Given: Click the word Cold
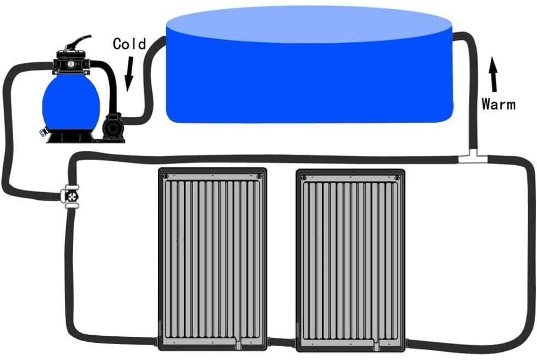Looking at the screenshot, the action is click(129, 43).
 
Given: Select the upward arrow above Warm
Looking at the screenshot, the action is click(494, 75).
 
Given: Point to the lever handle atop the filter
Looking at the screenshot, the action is click(78, 43).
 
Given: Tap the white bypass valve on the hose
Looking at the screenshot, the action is click(71, 195).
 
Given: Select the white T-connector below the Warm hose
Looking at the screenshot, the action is click(473, 158).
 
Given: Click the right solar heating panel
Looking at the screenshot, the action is click(350, 259).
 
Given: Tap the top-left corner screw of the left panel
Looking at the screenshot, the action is click(166, 176).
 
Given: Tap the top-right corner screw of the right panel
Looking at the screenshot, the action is click(397, 177).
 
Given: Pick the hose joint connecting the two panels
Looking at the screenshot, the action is click(281, 343).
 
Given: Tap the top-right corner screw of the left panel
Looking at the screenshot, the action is click(259, 176).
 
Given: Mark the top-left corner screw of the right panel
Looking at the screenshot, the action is click(304, 177).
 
